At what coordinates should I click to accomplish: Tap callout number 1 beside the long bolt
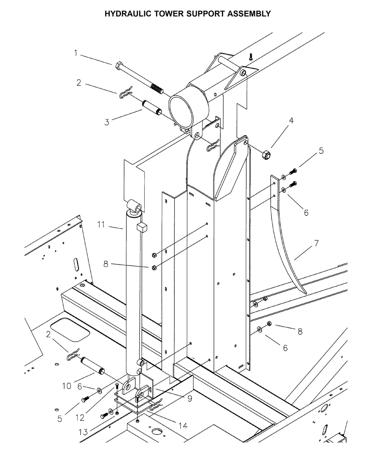point(76,53)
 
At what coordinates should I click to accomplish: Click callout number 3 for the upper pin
point(107,122)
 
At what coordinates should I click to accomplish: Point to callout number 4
point(291,121)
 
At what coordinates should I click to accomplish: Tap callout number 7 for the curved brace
point(316,243)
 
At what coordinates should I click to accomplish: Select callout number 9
point(190,399)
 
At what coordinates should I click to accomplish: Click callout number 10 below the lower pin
point(67,386)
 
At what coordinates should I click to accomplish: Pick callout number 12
point(80,417)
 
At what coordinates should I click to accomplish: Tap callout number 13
point(83,432)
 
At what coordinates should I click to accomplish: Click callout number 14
point(183,426)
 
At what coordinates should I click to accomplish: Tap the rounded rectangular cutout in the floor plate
point(70,330)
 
